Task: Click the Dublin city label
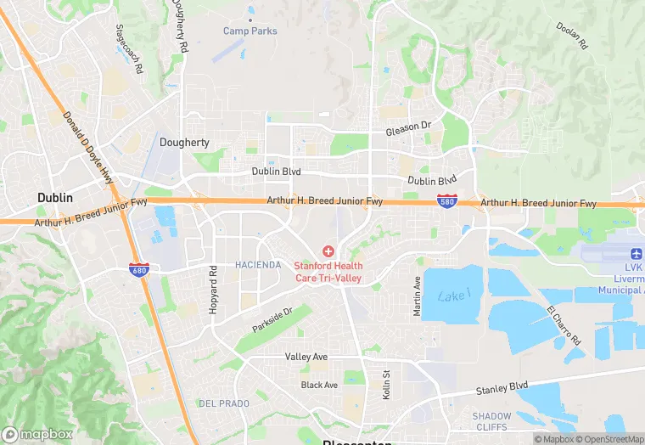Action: pyautogui.click(x=55, y=197)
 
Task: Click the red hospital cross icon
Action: pyautogui.click(x=328, y=251)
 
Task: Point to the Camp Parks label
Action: pyautogui.click(x=250, y=31)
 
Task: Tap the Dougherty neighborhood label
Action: pyautogui.click(x=184, y=143)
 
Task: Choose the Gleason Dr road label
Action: pyautogui.click(x=409, y=128)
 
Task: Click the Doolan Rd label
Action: pyautogui.click(x=572, y=37)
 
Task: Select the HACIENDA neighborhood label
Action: pyautogui.click(x=258, y=265)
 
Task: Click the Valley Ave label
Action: pyautogui.click(x=306, y=357)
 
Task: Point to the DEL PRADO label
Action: pyautogui.click(x=223, y=403)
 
